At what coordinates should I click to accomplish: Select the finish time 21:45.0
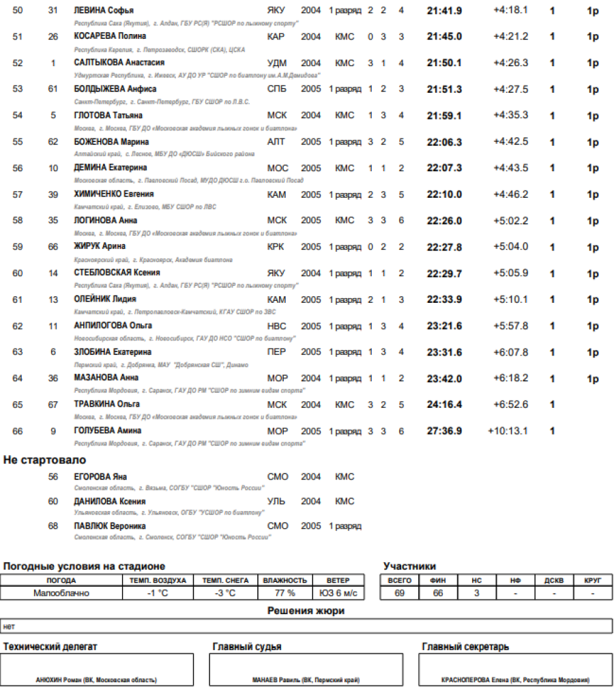pos(444,37)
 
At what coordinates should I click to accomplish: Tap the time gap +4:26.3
pos(510,63)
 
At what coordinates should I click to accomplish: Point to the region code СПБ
pos(276,89)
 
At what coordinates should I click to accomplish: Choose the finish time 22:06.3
pos(444,142)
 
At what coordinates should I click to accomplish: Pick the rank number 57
pos(18,195)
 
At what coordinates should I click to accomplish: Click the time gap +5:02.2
pos(510,220)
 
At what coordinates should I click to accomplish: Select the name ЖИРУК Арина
pos(100,247)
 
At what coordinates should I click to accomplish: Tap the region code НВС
pos(277,326)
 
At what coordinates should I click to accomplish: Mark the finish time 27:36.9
pos(444,431)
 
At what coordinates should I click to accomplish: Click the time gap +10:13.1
pos(508,431)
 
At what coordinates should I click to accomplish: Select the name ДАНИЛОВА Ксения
pos(109,501)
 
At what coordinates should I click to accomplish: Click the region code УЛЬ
pos(276,501)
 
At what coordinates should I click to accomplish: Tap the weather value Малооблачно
pos(61,594)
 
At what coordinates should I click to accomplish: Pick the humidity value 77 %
pos(284,594)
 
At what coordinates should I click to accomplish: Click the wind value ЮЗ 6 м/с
pos(338,594)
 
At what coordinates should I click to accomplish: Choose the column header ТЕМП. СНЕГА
pos(224,581)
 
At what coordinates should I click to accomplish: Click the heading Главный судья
pos(247,647)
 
